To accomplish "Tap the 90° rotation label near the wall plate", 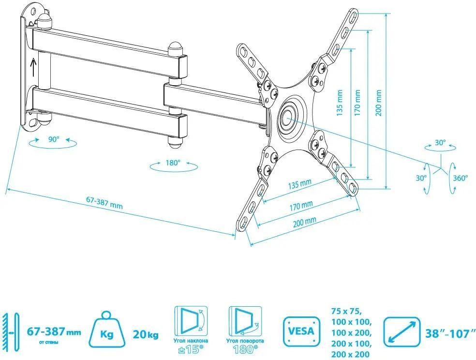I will point(53,139).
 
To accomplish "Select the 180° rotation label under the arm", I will point(173,163).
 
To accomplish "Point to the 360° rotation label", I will point(461,178).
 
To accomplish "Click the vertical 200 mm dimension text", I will point(379,103).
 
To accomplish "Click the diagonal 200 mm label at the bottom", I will point(305,221).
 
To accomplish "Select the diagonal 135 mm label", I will point(299,185).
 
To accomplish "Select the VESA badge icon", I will point(302,332).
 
